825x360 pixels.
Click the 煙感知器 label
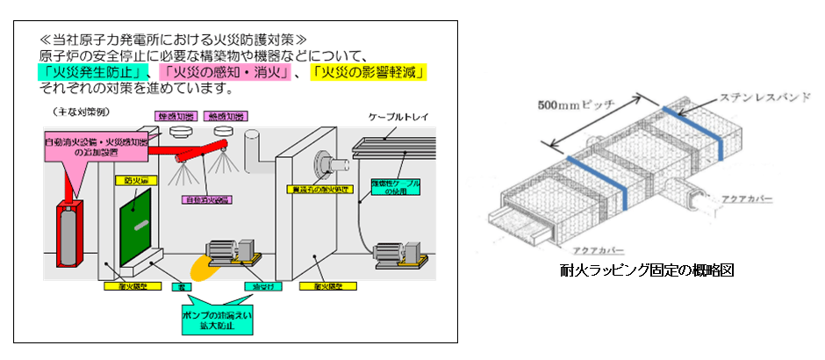174,116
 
